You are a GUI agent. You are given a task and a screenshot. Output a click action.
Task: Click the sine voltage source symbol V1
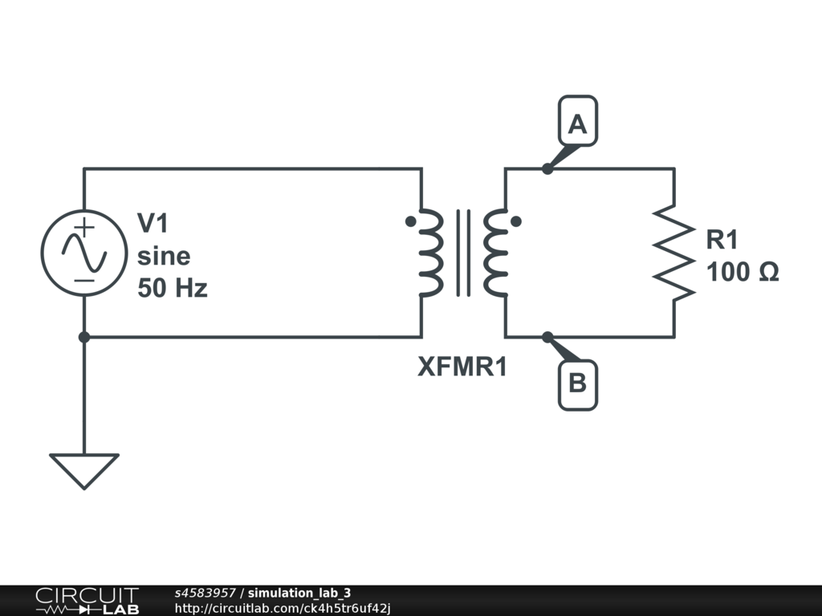[x=83, y=253]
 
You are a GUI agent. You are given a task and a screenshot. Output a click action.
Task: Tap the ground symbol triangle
[x=83, y=468]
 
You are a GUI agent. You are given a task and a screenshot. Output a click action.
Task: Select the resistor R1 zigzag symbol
[x=673, y=253]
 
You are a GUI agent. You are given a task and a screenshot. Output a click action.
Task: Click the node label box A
[x=577, y=124]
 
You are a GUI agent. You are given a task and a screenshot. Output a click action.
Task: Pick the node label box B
[x=577, y=383]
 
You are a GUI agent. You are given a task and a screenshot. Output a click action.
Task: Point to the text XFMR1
[x=462, y=367]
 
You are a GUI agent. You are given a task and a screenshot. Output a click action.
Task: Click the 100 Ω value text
[x=742, y=272]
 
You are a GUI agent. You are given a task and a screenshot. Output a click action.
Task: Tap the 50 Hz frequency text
[x=173, y=288]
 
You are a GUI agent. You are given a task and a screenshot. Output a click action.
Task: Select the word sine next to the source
[x=164, y=256]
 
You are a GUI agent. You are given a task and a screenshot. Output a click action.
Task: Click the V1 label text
[x=154, y=224]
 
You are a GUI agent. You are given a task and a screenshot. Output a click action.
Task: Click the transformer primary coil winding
[x=431, y=253]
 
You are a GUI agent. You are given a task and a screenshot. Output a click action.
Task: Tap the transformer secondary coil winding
[x=494, y=253]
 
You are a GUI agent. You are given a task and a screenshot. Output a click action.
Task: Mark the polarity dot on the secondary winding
[x=515, y=221]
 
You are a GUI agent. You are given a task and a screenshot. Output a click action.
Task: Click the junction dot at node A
[x=547, y=168]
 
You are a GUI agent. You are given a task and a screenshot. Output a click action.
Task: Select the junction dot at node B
[x=547, y=337]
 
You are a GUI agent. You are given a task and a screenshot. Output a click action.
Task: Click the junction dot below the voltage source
[x=83, y=337]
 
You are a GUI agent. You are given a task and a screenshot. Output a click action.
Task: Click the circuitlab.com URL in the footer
[x=283, y=608]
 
